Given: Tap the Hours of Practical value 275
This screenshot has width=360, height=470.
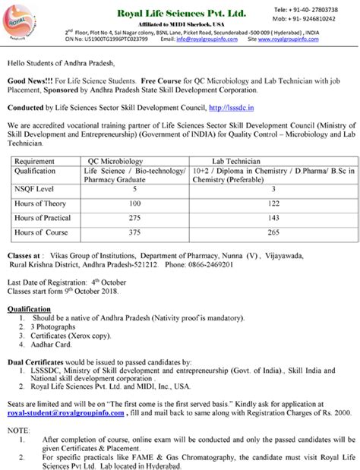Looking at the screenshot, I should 135,219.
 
